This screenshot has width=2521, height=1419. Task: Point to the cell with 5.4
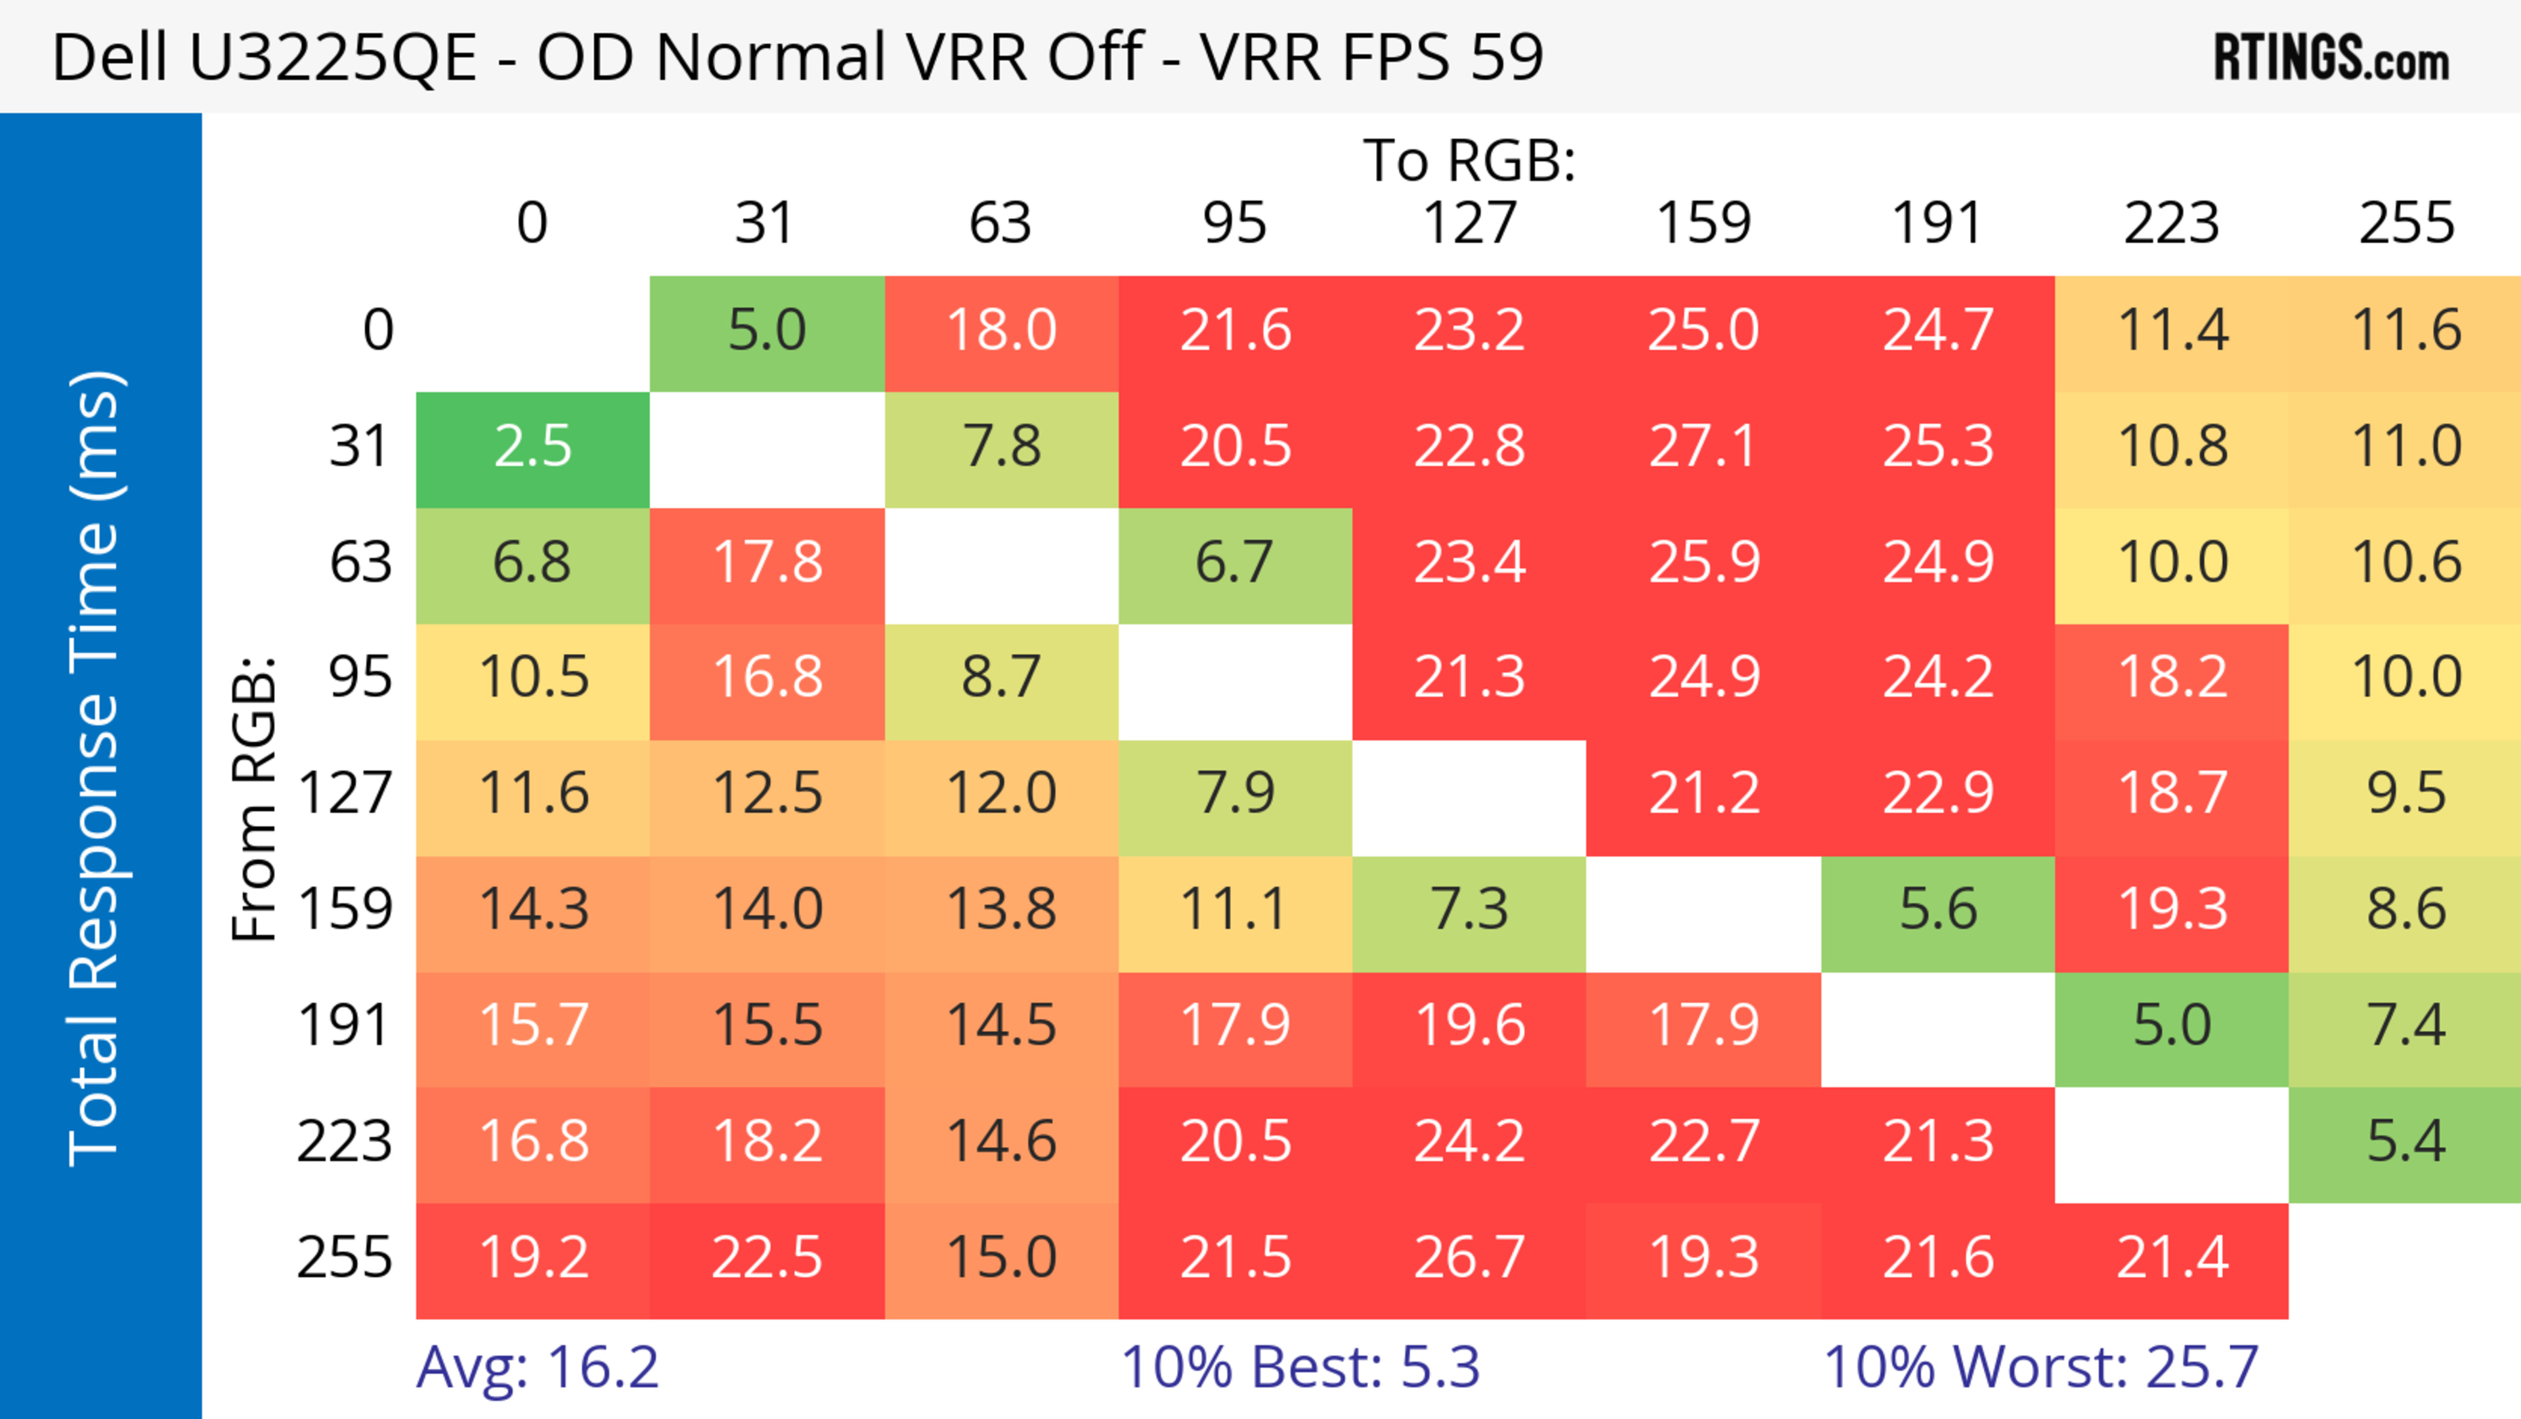click(x=2405, y=1142)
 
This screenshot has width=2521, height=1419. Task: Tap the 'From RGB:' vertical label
click(x=253, y=798)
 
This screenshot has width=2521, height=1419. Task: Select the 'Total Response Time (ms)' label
click(x=95, y=768)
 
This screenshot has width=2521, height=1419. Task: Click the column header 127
click(x=1469, y=223)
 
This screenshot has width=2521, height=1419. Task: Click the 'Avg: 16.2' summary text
click(x=537, y=1367)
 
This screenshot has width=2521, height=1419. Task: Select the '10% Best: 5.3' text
click(x=1300, y=1367)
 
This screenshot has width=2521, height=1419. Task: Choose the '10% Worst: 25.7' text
click(x=2040, y=1367)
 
